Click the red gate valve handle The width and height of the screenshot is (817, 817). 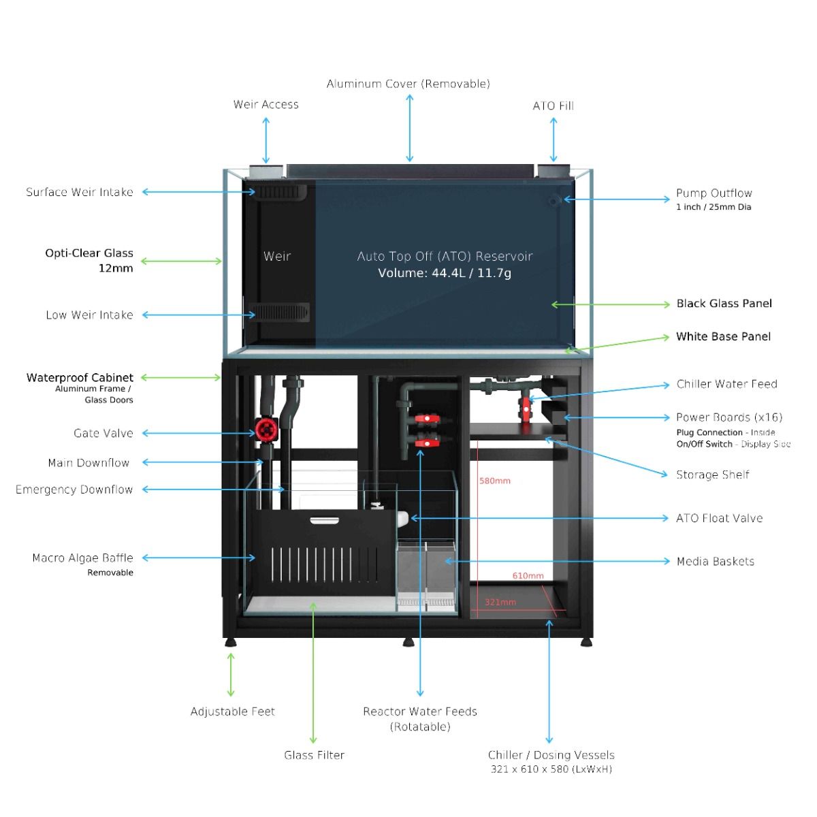[x=264, y=430]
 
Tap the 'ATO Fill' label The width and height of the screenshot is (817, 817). [x=553, y=106]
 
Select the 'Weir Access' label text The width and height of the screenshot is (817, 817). [x=266, y=104]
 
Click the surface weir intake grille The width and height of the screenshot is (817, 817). [x=276, y=192]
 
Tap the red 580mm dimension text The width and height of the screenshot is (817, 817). [x=495, y=481]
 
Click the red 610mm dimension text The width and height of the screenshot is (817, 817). [x=528, y=576]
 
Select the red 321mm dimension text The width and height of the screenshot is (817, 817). [x=500, y=602]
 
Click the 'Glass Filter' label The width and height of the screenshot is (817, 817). [x=314, y=755]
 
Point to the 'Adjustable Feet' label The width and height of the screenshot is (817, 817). [x=232, y=711]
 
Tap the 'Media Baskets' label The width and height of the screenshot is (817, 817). [x=715, y=562]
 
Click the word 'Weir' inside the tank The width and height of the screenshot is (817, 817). [x=277, y=256]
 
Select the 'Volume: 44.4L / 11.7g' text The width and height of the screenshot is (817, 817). [x=445, y=273]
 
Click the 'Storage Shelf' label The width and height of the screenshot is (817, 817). [x=712, y=475]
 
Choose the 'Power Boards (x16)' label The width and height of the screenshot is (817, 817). [x=728, y=417]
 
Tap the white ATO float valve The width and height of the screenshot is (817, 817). [x=401, y=518]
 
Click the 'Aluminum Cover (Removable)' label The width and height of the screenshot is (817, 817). [x=408, y=84]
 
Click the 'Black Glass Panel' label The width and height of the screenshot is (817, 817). [x=724, y=304]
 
